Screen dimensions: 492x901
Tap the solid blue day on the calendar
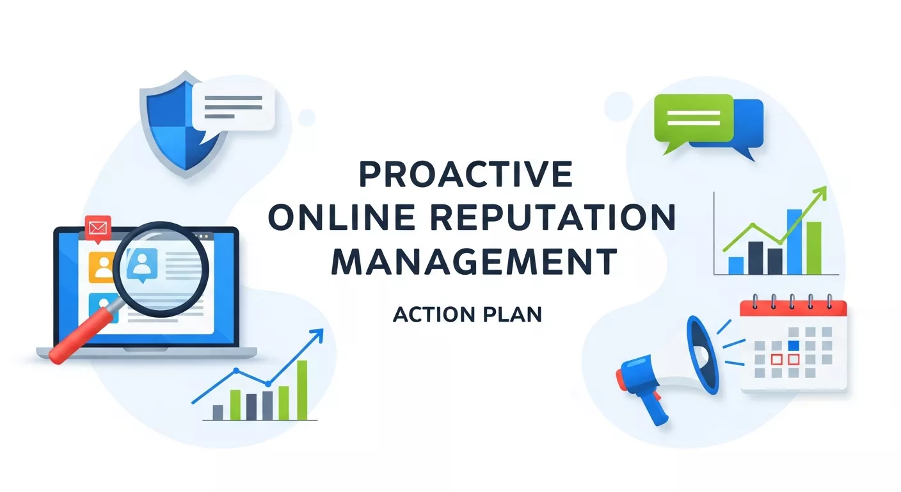click(793, 345)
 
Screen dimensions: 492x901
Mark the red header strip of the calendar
click(793, 308)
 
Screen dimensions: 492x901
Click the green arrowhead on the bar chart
click(820, 193)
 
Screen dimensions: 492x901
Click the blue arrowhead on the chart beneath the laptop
click(317, 335)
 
